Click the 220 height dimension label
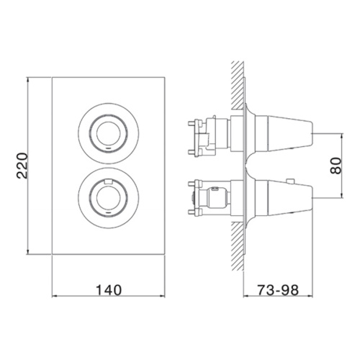22,166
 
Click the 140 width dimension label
109,290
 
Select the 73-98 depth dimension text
278,290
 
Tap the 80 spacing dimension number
336,166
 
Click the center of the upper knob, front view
108,133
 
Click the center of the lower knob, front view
108,198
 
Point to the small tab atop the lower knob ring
108,181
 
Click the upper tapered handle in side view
284,133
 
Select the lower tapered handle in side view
284,198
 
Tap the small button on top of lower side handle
291,181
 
